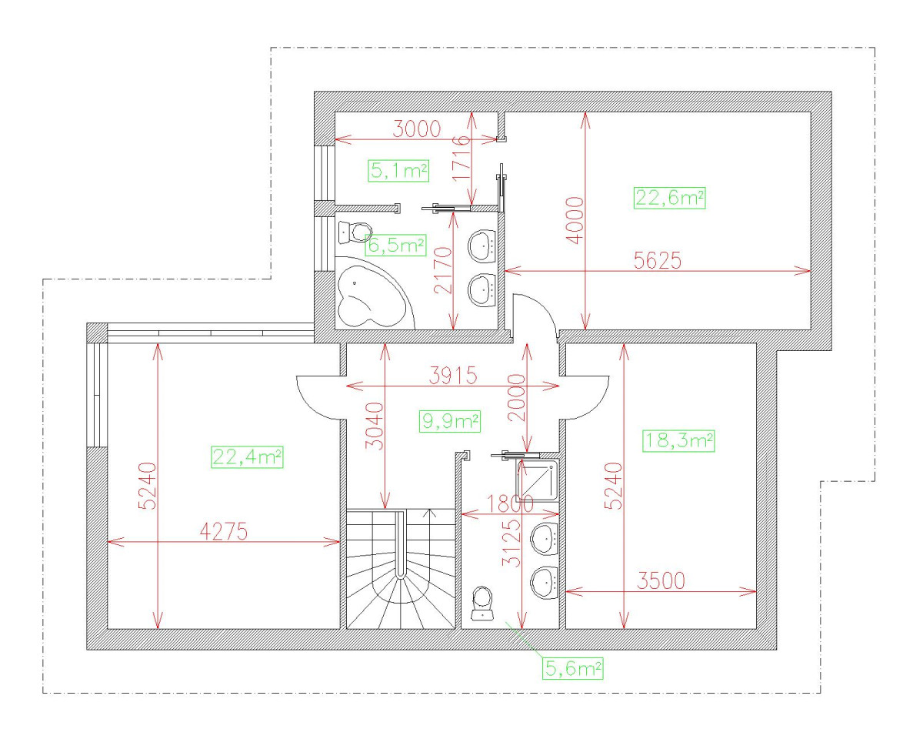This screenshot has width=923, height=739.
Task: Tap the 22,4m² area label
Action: point(247,457)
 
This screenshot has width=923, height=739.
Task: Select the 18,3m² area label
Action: point(678,440)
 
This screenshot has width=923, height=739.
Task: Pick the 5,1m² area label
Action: point(398,170)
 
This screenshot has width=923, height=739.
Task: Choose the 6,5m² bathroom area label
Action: point(396,246)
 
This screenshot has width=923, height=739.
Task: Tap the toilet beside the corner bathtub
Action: point(355,231)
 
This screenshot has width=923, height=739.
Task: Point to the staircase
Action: point(401,570)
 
